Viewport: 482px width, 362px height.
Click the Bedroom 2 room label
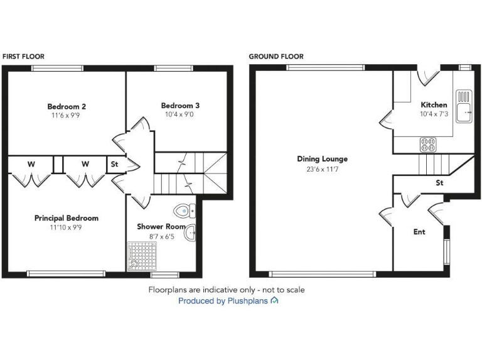pos(67,106)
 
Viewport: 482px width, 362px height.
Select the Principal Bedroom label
pos(67,218)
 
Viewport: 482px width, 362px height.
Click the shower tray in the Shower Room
pos(139,256)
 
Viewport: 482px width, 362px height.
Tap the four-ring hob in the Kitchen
pos(428,145)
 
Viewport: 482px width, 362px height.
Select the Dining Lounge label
pos(322,159)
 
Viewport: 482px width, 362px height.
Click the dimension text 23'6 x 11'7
pos(322,168)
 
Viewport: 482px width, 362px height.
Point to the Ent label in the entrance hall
pos(419,232)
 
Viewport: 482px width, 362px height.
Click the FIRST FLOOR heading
pos(23,57)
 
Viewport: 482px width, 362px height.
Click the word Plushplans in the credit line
pos(248,301)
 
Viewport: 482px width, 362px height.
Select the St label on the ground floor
pos(439,183)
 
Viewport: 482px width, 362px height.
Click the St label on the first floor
pos(114,164)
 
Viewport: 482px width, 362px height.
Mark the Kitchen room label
pos(434,105)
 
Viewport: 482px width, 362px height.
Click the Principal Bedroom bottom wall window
pos(66,273)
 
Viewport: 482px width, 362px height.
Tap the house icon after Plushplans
pos(274,301)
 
